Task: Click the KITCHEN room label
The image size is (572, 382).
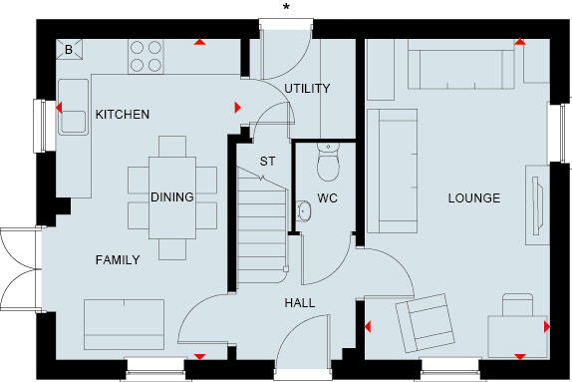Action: point(123,115)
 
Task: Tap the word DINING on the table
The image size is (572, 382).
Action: point(172,196)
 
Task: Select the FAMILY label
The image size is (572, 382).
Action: point(118,259)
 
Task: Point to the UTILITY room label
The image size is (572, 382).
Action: point(307,89)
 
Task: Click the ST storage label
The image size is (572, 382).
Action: point(267,160)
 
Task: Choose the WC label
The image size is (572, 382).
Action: point(328,197)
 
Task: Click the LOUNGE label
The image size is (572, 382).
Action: point(473,197)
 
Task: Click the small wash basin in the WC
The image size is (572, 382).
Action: point(303,210)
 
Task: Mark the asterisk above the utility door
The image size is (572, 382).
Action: point(287,8)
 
